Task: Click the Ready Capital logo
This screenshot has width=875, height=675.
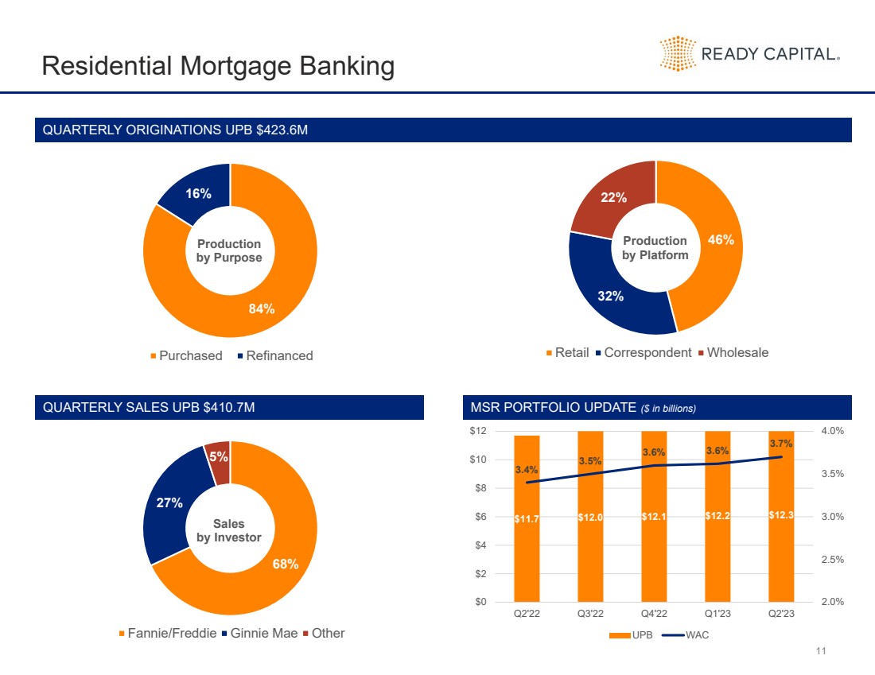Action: point(749,54)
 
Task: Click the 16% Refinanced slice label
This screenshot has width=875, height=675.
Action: point(198,193)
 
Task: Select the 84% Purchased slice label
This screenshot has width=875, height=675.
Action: point(262,309)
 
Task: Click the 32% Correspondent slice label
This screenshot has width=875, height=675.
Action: point(611,296)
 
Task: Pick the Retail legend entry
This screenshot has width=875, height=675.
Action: point(567,352)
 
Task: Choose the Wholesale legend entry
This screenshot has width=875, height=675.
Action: point(733,352)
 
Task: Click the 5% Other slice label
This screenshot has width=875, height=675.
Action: point(219,456)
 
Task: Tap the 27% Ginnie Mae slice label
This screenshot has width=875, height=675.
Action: point(170,502)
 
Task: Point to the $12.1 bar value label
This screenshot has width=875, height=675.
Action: point(654,518)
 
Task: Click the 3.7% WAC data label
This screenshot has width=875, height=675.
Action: point(781,444)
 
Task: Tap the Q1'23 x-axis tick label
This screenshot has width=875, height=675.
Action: point(717,614)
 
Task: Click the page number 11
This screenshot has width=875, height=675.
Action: point(822,652)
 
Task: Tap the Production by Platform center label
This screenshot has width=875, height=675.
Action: point(655,247)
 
